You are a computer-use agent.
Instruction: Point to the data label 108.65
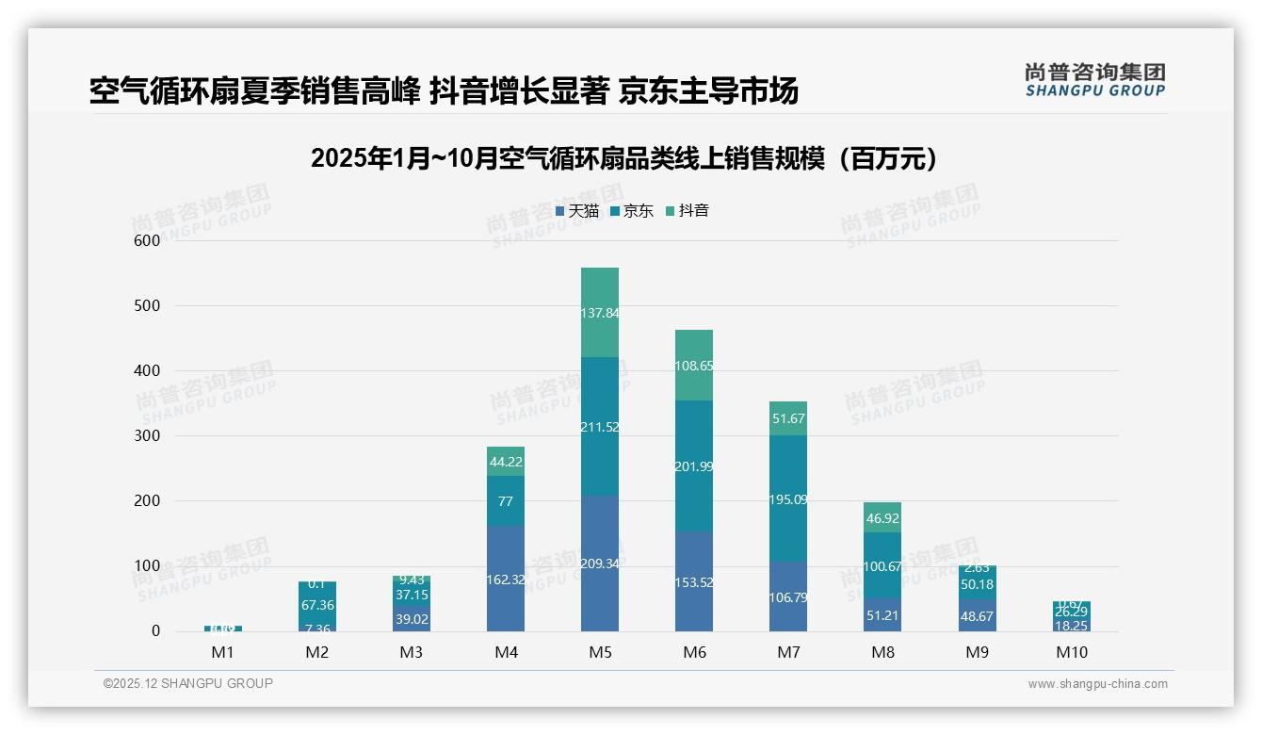click(x=694, y=366)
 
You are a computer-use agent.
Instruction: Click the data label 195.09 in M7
click(x=788, y=499)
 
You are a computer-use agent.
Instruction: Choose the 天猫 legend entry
click(x=577, y=211)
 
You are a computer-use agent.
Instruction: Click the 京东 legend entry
click(x=632, y=211)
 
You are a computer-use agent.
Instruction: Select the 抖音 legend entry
click(x=688, y=211)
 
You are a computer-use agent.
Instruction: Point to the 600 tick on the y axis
click(x=147, y=240)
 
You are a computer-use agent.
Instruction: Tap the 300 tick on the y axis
click(x=147, y=436)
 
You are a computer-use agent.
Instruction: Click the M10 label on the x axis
click(x=1071, y=652)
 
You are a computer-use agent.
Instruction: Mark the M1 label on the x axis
click(x=223, y=652)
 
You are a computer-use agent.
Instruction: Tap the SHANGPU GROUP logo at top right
click(x=1094, y=80)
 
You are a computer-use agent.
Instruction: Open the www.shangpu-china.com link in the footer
click(x=1097, y=684)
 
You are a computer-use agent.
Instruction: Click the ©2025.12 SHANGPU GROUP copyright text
click(x=188, y=684)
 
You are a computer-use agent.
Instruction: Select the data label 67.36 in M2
click(x=317, y=606)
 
